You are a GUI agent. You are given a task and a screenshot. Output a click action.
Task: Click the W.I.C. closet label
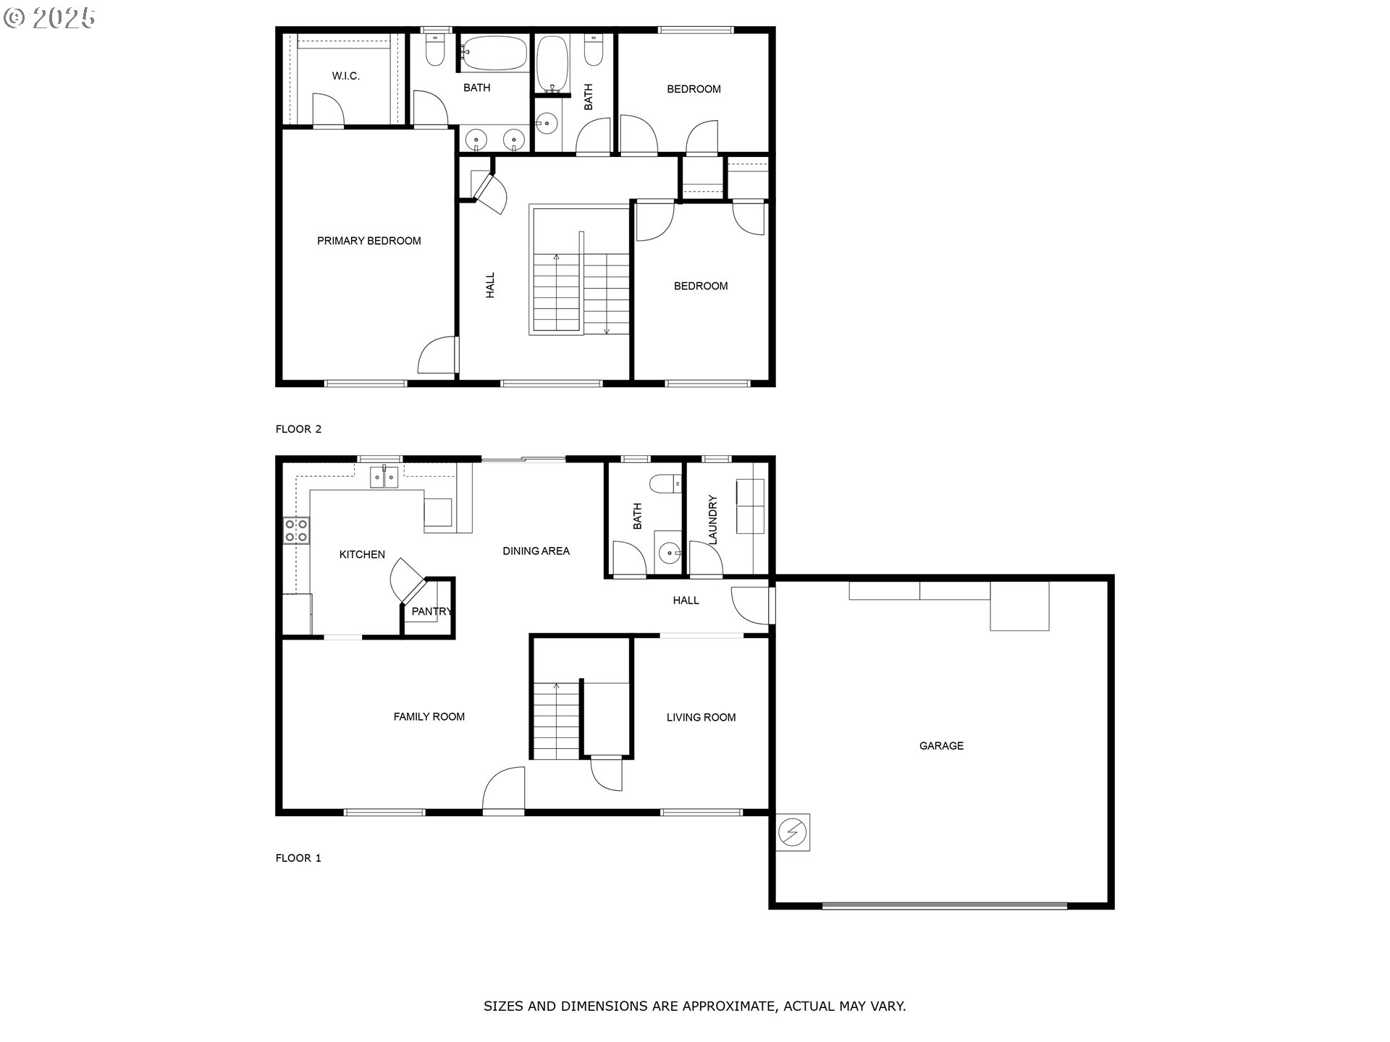coord(345,76)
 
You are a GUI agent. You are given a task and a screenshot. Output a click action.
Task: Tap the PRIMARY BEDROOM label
coord(368,241)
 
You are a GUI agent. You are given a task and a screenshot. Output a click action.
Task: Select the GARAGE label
coord(941,745)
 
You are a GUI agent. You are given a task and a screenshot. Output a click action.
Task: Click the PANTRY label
coord(431,611)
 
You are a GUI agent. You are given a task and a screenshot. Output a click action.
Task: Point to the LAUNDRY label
coord(712,520)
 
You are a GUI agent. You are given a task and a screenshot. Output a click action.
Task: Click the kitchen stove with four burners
coord(296,530)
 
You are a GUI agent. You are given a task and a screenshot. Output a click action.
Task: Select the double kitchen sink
coord(384,477)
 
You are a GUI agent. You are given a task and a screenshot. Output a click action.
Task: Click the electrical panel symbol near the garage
coord(793,832)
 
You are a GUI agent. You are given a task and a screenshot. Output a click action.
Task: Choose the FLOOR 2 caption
coord(298,429)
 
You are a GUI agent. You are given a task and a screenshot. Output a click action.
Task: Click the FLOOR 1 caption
coord(298,858)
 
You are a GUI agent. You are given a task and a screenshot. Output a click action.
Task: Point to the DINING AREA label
coord(536,551)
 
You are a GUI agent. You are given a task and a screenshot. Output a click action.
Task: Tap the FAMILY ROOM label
coord(429,716)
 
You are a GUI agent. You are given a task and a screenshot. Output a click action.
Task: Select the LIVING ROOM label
coord(701,717)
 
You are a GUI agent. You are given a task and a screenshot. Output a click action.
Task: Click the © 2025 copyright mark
coord(49,18)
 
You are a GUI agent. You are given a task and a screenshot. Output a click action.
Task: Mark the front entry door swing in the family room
coord(504,789)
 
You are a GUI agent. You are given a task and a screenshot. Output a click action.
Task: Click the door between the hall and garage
coord(753,606)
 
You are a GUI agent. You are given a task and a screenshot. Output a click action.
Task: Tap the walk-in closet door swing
coord(327,110)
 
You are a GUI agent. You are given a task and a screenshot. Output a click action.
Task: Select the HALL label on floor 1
coord(686,600)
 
